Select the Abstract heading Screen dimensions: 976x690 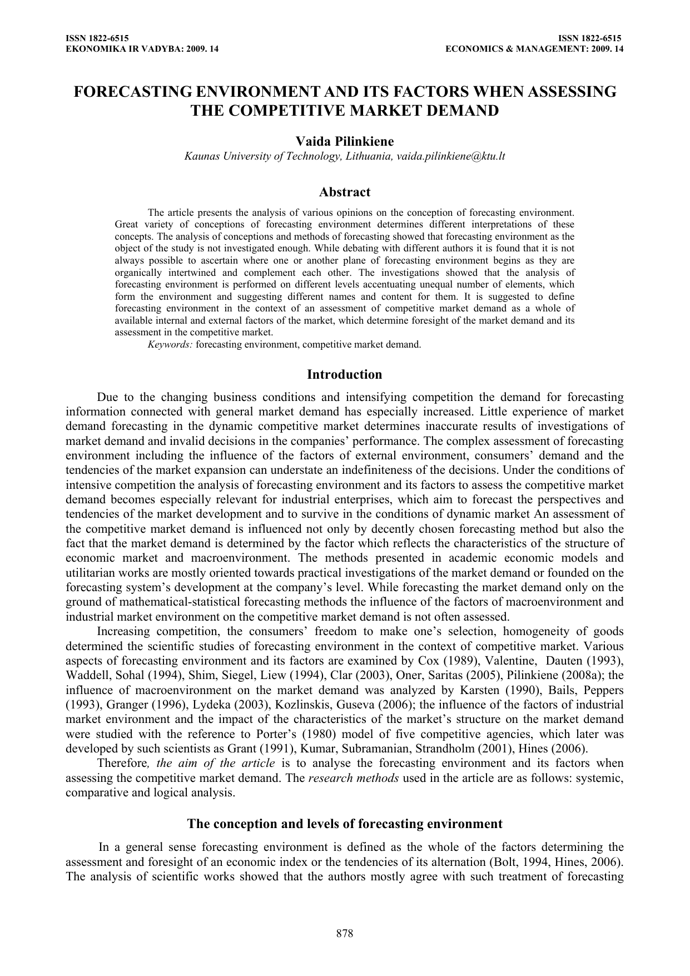tap(345, 192)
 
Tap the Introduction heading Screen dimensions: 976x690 tap(345, 374)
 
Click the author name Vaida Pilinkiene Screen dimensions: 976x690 tap(345, 142)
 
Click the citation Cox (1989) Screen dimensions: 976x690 tap(439, 661)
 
